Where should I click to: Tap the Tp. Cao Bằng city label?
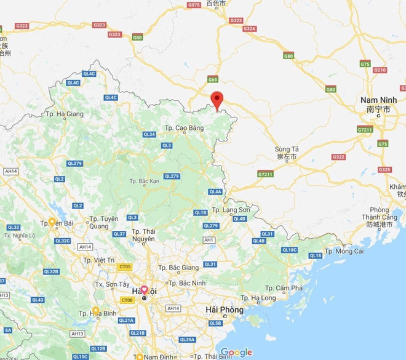click(184, 128)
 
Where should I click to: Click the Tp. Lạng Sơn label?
click(231, 210)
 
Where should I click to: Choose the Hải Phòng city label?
click(224, 310)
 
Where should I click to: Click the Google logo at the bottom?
click(236, 352)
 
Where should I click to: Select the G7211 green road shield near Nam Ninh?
click(365, 130)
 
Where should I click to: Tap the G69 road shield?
click(213, 80)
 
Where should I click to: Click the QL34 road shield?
click(149, 134)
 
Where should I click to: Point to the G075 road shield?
click(193, 5)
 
